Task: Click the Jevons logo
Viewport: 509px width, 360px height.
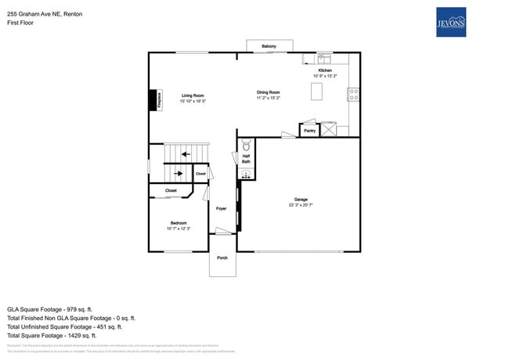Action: point(450,22)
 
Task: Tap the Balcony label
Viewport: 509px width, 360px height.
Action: point(269,46)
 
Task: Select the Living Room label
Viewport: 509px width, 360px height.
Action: point(193,95)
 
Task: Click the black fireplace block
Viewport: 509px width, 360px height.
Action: point(153,100)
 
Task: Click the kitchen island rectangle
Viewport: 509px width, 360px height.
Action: point(317,92)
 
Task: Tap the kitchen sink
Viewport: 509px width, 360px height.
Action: point(323,58)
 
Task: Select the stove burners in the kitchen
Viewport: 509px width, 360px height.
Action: point(354,94)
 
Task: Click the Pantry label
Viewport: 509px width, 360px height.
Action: point(309,131)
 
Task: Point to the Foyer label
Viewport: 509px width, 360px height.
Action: point(222,208)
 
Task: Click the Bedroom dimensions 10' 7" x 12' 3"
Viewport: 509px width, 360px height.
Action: point(179,229)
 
